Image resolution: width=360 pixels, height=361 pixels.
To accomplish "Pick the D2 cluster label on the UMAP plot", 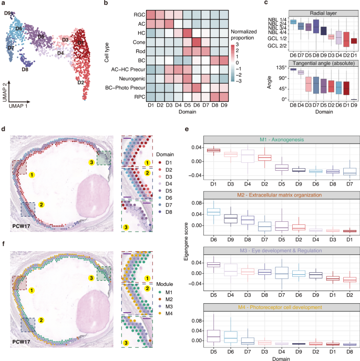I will coord(81,82).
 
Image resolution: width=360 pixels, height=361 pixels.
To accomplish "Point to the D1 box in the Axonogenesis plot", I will coord(199,150).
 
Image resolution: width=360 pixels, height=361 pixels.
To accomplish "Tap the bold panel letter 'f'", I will coord(4,243).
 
